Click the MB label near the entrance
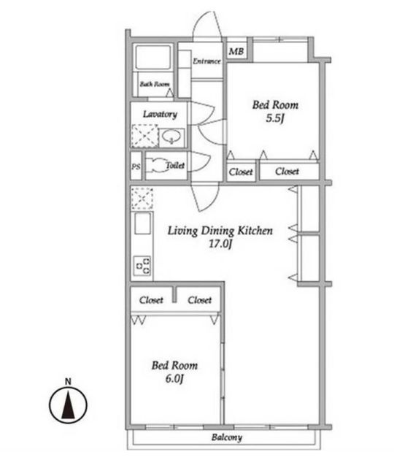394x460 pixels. [236, 52]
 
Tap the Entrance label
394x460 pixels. [206, 61]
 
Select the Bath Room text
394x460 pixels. [155, 84]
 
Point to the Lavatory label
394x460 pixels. [160, 114]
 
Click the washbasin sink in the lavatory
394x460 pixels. [171, 137]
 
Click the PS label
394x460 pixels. [136, 166]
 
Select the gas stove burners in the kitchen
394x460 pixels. [143, 266]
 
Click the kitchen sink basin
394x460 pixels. [143, 223]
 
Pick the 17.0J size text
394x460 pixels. [220, 244]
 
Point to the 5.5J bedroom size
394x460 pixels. [275, 118]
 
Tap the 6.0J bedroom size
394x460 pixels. [174, 379]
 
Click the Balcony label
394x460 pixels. [227, 437]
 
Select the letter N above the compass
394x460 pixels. [68, 382]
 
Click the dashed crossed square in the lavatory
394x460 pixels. [144, 136]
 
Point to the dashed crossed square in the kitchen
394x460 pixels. [142, 199]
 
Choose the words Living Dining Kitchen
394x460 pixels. [220, 231]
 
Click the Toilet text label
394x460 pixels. [175, 165]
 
